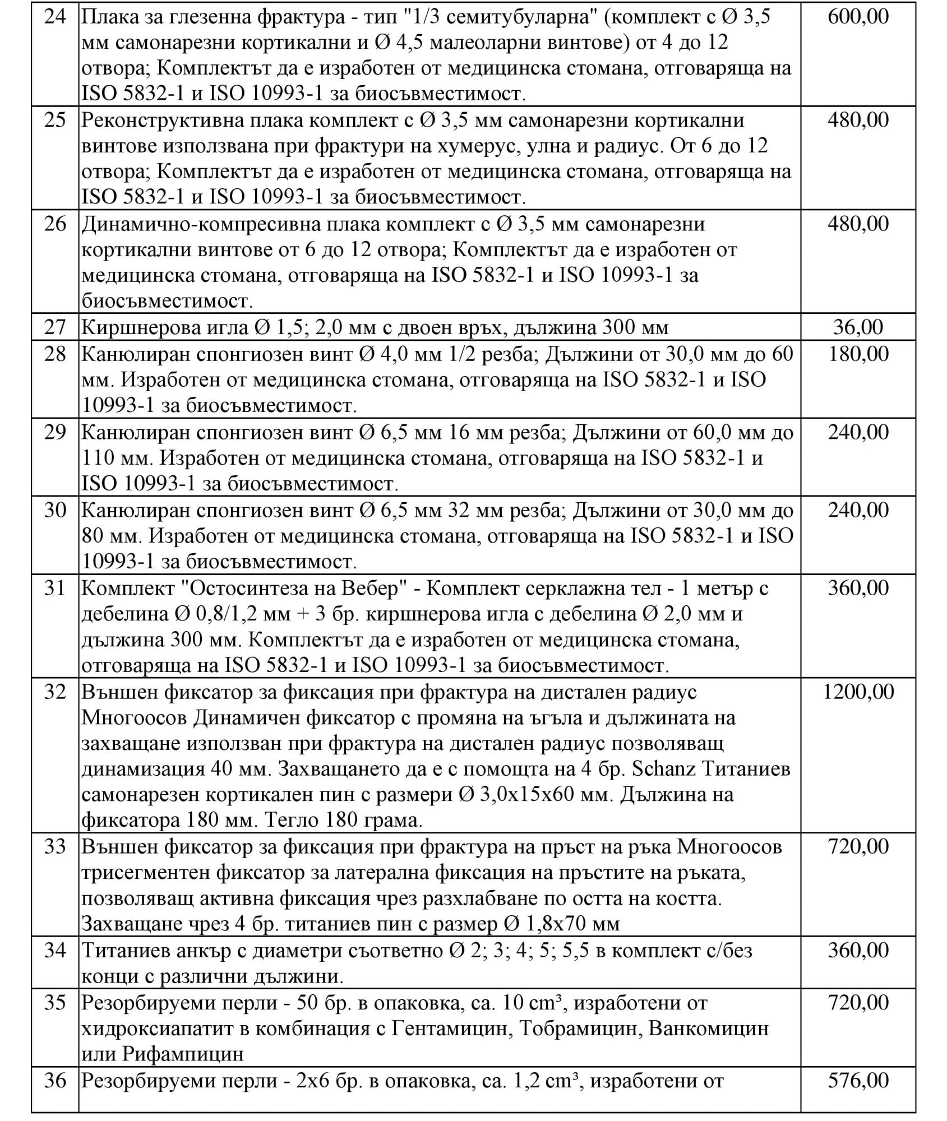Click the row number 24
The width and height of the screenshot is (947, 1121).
click(55, 17)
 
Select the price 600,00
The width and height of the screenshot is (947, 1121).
click(858, 17)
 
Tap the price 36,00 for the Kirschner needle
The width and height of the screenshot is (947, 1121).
click(858, 327)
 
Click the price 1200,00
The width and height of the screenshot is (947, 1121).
click(858, 692)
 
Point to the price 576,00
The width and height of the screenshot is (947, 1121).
click(858, 1080)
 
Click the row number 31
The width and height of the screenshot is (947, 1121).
click(55, 588)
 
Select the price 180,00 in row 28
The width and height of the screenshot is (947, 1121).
click(858, 354)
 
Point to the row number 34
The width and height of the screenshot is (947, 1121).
click(55, 951)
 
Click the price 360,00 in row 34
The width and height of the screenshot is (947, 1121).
click(858, 951)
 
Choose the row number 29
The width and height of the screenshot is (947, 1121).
click(55, 432)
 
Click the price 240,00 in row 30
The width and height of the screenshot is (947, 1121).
click(858, 510)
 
